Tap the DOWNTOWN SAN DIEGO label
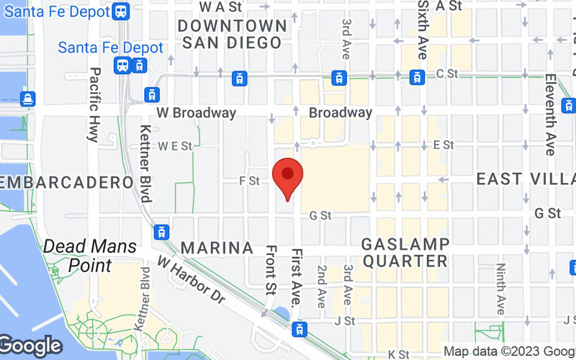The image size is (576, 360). point(232,34)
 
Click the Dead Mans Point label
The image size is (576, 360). point(90,256)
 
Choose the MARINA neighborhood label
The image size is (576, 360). point(217,248)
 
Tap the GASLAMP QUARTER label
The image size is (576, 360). point(406,252)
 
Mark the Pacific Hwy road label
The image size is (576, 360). point(94,104)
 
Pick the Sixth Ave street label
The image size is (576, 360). point(423,30)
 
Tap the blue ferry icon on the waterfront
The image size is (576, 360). point(27,98)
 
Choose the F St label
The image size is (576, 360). point(249,181)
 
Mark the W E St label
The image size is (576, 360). point(176,146)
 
